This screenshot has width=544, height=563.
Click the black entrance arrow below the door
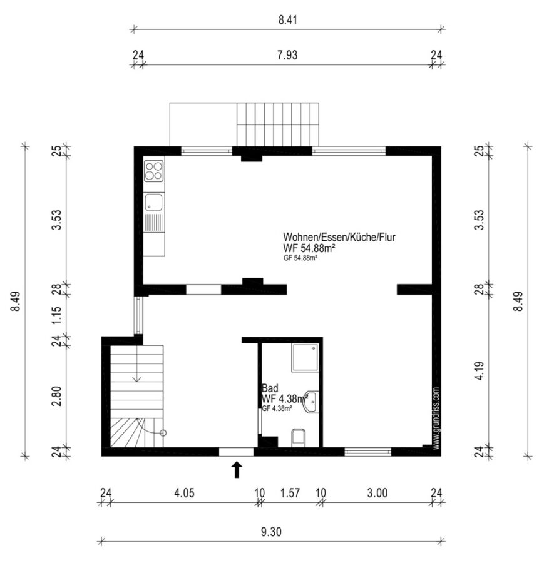click(237, 470)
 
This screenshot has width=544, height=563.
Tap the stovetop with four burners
click(154, 171)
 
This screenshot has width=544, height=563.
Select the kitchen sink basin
click(153, 202)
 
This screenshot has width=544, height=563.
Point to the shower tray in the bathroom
click(305, 358)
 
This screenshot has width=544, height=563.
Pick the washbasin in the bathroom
click(311, 402)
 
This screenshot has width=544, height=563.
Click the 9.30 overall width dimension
click(271, 532)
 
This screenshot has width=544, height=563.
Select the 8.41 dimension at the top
click(288, 20)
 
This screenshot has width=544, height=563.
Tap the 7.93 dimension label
click(287, 55)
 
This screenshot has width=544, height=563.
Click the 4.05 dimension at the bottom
click(184, 493)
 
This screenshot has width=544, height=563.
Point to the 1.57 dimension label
click(290, 493)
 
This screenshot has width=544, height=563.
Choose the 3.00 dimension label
click(377, 493)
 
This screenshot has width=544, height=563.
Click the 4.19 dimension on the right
click(480, 371)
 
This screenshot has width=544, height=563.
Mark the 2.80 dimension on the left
click(56, 396)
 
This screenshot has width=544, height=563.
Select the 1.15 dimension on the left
click(56, 315)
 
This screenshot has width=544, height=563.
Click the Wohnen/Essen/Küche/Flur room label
click(339, 237)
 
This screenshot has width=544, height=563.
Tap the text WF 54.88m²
click(309, 248)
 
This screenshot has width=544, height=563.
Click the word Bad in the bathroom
click(270, 388)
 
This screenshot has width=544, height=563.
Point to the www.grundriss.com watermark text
click(436, 418)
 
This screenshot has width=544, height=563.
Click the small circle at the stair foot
click(163, 433)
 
